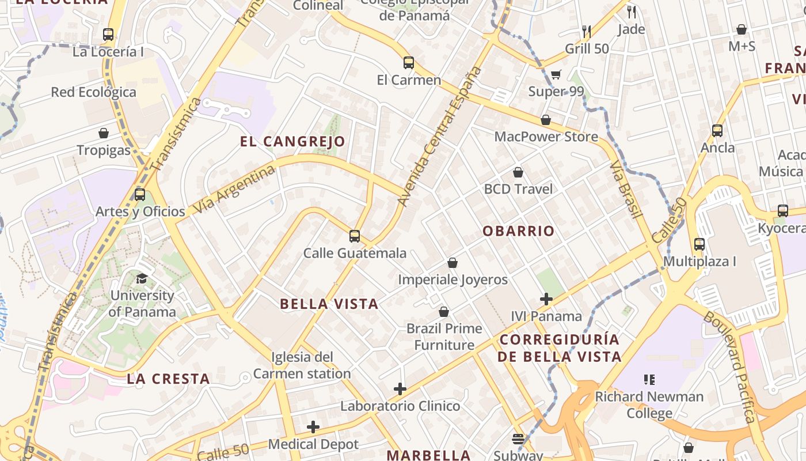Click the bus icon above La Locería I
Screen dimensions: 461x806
coord(108,35)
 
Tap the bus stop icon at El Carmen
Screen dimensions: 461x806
coord(409,63)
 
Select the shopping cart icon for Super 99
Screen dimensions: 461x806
coord(556,74)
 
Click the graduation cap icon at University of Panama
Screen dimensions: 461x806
coord(142,279)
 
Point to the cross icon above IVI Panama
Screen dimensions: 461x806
coord(546,299)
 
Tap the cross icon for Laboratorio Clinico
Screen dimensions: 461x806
coord(400,389)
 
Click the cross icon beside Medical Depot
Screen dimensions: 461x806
coord(313,427)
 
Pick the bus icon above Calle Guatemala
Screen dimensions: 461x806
coord(355,236)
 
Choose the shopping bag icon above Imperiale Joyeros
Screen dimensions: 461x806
coord(453,263)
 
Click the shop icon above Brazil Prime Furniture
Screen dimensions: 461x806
coord(444,312)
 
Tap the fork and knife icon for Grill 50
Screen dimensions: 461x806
coord(587,31)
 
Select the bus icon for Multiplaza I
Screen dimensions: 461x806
coord(699,244)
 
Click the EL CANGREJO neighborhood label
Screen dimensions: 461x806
coord(292,142)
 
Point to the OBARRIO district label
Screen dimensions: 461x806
coord(519,232)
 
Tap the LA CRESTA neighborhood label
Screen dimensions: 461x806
coord(168,379)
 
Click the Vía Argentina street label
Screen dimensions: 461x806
coord(234,190)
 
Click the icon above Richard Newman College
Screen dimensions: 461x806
coord(649,380)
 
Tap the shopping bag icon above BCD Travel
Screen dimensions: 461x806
coord(518,172)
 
